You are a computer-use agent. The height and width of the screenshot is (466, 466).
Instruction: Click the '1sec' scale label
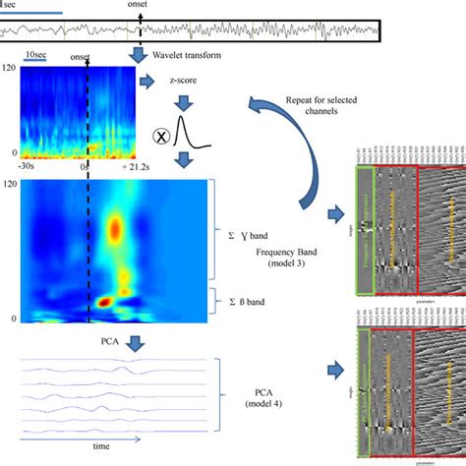[14, 6]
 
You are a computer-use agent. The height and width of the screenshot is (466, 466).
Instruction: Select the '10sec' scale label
[36, 56]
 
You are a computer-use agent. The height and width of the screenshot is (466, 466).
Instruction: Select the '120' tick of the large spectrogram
[11, 184]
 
